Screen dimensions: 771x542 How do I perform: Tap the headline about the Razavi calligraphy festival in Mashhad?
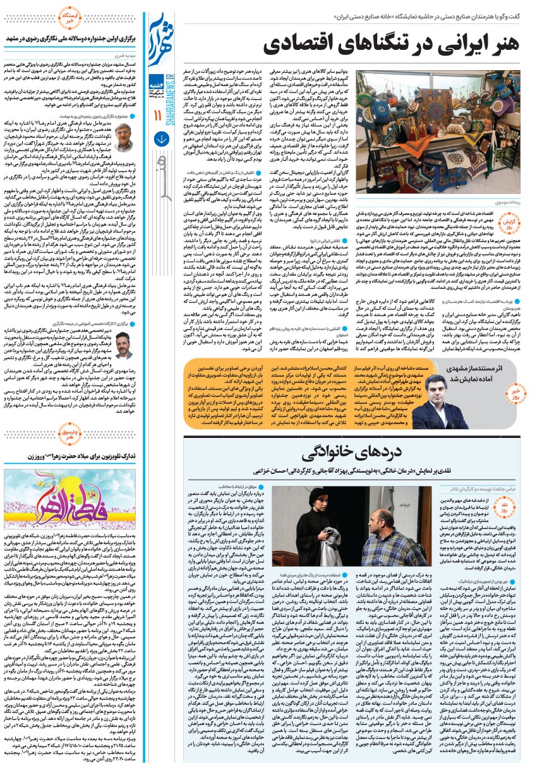(x=76, y=39)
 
